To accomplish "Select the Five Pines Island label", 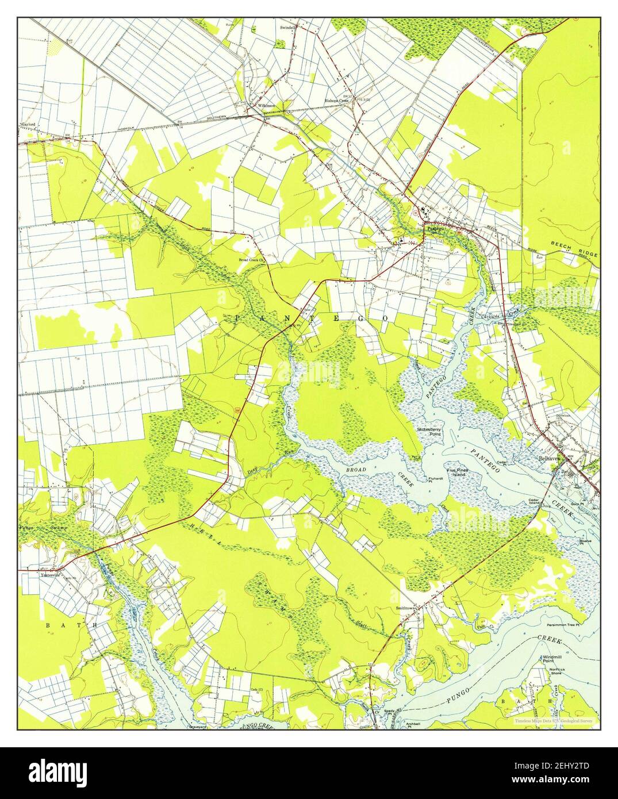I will (459, 474).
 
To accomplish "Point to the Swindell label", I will (287, 27).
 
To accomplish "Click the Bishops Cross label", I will (336, 100).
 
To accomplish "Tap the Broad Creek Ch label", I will (251, 260).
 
